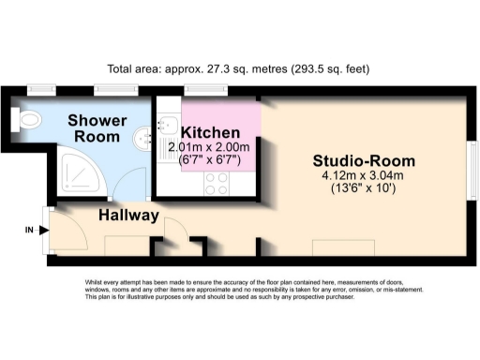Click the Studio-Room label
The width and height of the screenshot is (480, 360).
point(365,160)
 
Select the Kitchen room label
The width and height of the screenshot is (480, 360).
point(209,131)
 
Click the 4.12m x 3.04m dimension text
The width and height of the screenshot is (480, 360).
point(364,176)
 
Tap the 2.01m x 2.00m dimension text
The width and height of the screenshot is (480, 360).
point(209,146)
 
